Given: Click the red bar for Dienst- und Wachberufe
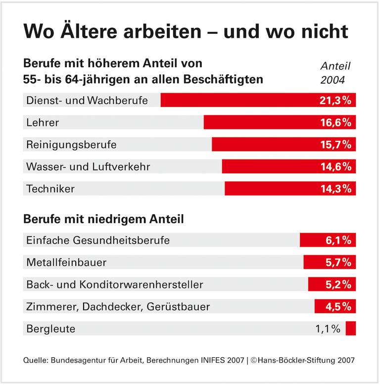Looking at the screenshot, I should [237, 100].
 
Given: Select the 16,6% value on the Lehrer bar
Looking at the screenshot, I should [334, 122].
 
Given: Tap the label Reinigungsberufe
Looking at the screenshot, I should [71, 145].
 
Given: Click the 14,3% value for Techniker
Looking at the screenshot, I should [334, 189].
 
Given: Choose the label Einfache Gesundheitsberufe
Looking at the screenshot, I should [97, 240].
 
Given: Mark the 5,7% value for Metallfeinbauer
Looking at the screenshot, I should [338, 263].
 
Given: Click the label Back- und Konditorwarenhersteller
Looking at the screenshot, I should [114, 284].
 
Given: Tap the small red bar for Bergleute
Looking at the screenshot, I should [351, 329].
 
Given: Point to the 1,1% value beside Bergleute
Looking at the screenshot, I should [328, 329].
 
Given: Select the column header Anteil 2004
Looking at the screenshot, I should [335, 73].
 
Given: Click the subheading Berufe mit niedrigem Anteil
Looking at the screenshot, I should [103, 219].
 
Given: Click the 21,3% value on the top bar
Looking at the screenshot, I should [334, 100].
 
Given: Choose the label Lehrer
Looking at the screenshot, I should [42, 122].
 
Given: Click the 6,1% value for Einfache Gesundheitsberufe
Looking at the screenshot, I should [338, 240].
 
